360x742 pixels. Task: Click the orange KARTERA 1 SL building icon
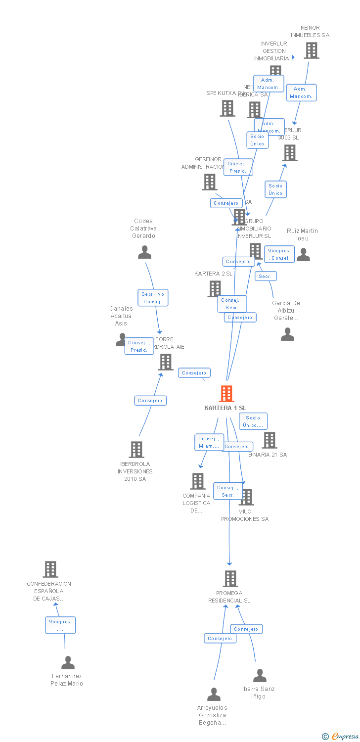click(226, 394)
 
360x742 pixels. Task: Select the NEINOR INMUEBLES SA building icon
click(312, 50)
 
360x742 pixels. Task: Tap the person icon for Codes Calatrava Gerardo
click(144, 252)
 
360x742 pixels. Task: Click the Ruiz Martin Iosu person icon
click(303, 254)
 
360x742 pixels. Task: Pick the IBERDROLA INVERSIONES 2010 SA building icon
click(136, 449)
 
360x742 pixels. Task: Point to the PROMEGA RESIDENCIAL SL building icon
click(230, 578)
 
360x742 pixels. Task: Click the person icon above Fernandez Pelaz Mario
click(68, 662)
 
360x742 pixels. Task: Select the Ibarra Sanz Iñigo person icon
click(260, 675)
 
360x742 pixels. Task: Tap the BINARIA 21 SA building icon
click(270, 440)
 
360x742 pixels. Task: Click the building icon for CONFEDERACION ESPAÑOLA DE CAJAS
click(50, 569)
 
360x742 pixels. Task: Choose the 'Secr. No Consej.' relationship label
click(153, 298)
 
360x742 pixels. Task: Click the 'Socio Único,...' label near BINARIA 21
click(253, 421)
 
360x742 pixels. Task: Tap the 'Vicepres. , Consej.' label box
click(279, 254)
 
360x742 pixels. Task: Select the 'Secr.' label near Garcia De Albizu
click(266, 276)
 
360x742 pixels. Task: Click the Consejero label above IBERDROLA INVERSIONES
click(150, 400)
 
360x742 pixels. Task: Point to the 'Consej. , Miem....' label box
click(209, 442)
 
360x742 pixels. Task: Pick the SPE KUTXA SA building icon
click(227, 108)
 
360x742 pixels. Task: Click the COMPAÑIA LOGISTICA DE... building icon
click(198, 481)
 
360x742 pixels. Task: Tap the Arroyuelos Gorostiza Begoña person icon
click(214, 694)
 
